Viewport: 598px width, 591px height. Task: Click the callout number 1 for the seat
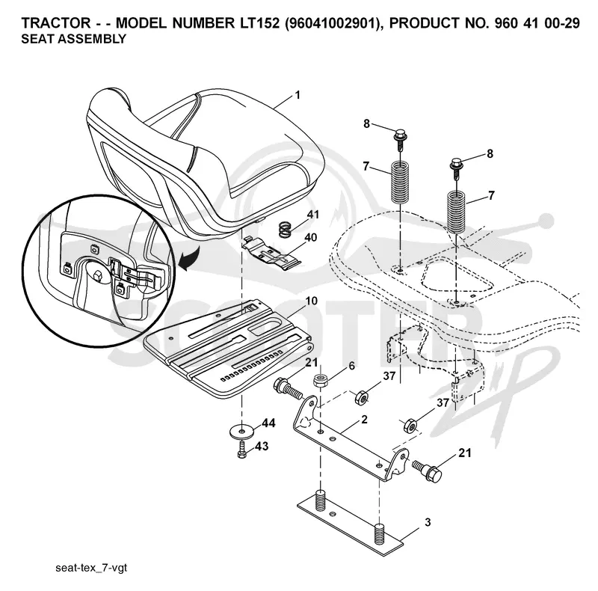pos(298,95)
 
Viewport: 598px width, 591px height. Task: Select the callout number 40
pos(310,237)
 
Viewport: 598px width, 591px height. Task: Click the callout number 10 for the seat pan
pos(311,301)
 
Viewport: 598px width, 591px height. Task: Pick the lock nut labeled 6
pos(320,381)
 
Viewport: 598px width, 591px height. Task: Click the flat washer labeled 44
pos(241,431)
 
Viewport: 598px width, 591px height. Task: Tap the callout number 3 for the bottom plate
pos(428,522)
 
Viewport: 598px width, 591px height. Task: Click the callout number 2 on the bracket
pos(364,419)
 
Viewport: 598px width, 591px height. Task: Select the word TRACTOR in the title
pos(55,23)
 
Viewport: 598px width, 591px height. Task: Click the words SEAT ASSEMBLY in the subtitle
pos(73,39)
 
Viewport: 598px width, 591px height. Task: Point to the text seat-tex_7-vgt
pos(91,568)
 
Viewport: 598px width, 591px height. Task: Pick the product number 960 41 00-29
pos(537,23)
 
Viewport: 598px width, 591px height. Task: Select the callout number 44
pos(268,423)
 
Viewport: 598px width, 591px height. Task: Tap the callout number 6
pos(351,366)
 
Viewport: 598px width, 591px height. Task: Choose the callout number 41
pos(312,215)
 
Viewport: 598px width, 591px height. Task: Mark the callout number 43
pos(261,446)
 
